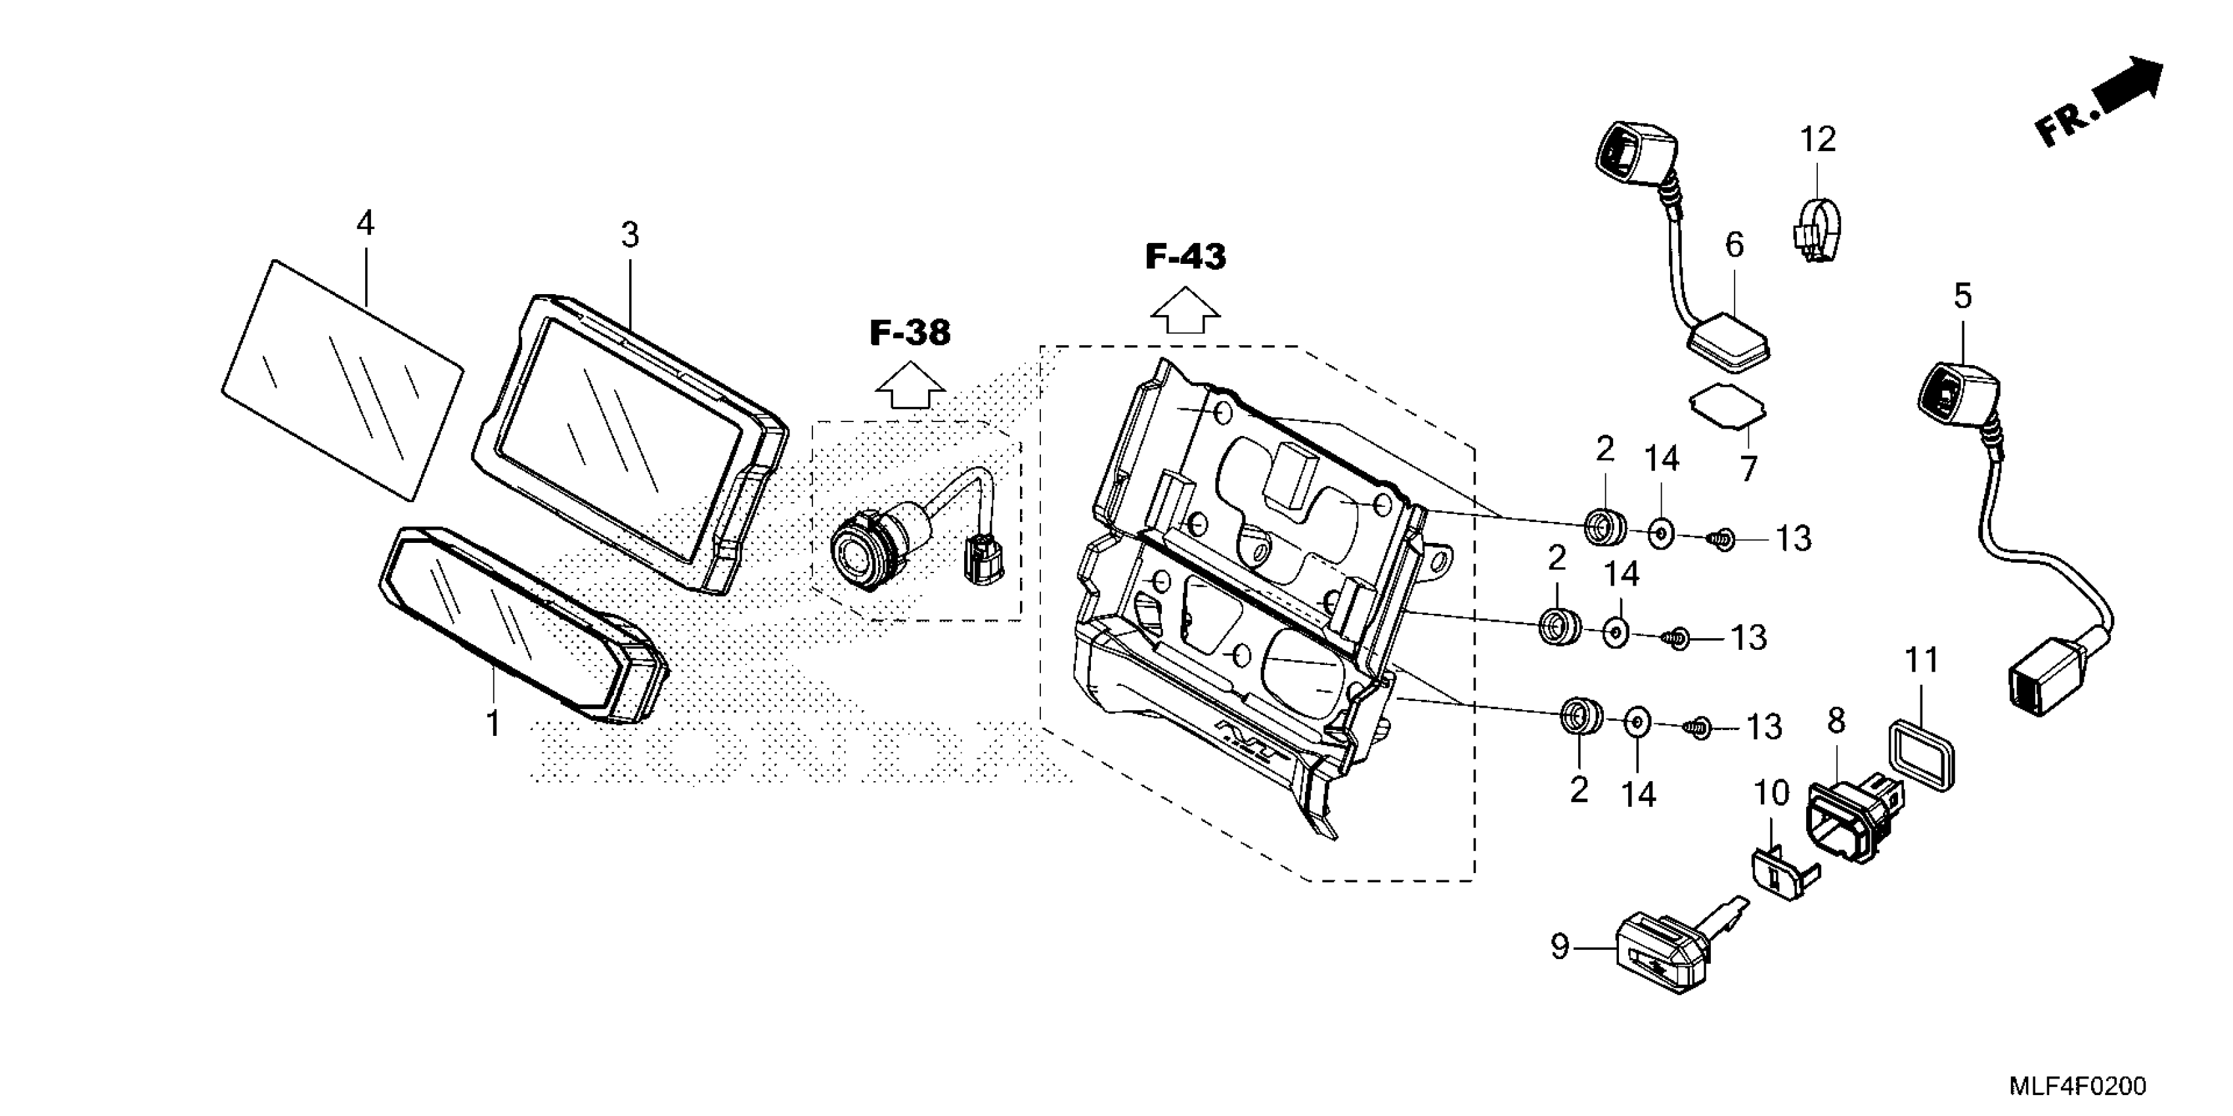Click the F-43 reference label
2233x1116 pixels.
[x=1185, y=257]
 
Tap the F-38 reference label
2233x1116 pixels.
[x=910, y=333]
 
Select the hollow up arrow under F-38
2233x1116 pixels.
[x=910, y=385]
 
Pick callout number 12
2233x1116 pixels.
[x=1818, y=139]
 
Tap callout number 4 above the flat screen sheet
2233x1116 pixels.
[x=365, y=224]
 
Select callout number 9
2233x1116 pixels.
[x=1559, y=947]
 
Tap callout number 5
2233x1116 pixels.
[x=1962, y=296]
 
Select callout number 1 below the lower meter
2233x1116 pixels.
[x=493, y=723]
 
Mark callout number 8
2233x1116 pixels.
[x=1836, y=721]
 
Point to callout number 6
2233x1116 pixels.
[x=1735, y=246]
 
